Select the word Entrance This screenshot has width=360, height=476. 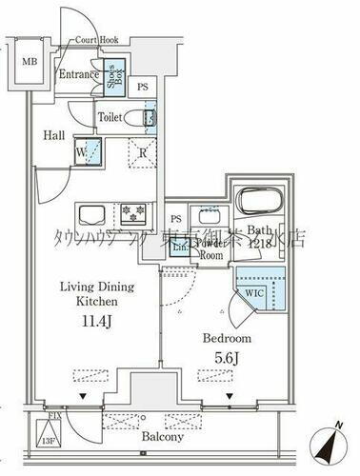(x=80, y=73)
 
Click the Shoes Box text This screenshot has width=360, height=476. (x=112, y=75)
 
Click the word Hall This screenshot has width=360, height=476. (x=53, y=135)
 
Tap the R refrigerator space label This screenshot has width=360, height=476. (x=142, y=149)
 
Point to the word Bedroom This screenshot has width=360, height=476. (x=227, y=339)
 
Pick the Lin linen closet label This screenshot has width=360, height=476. (x=177, y=246)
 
